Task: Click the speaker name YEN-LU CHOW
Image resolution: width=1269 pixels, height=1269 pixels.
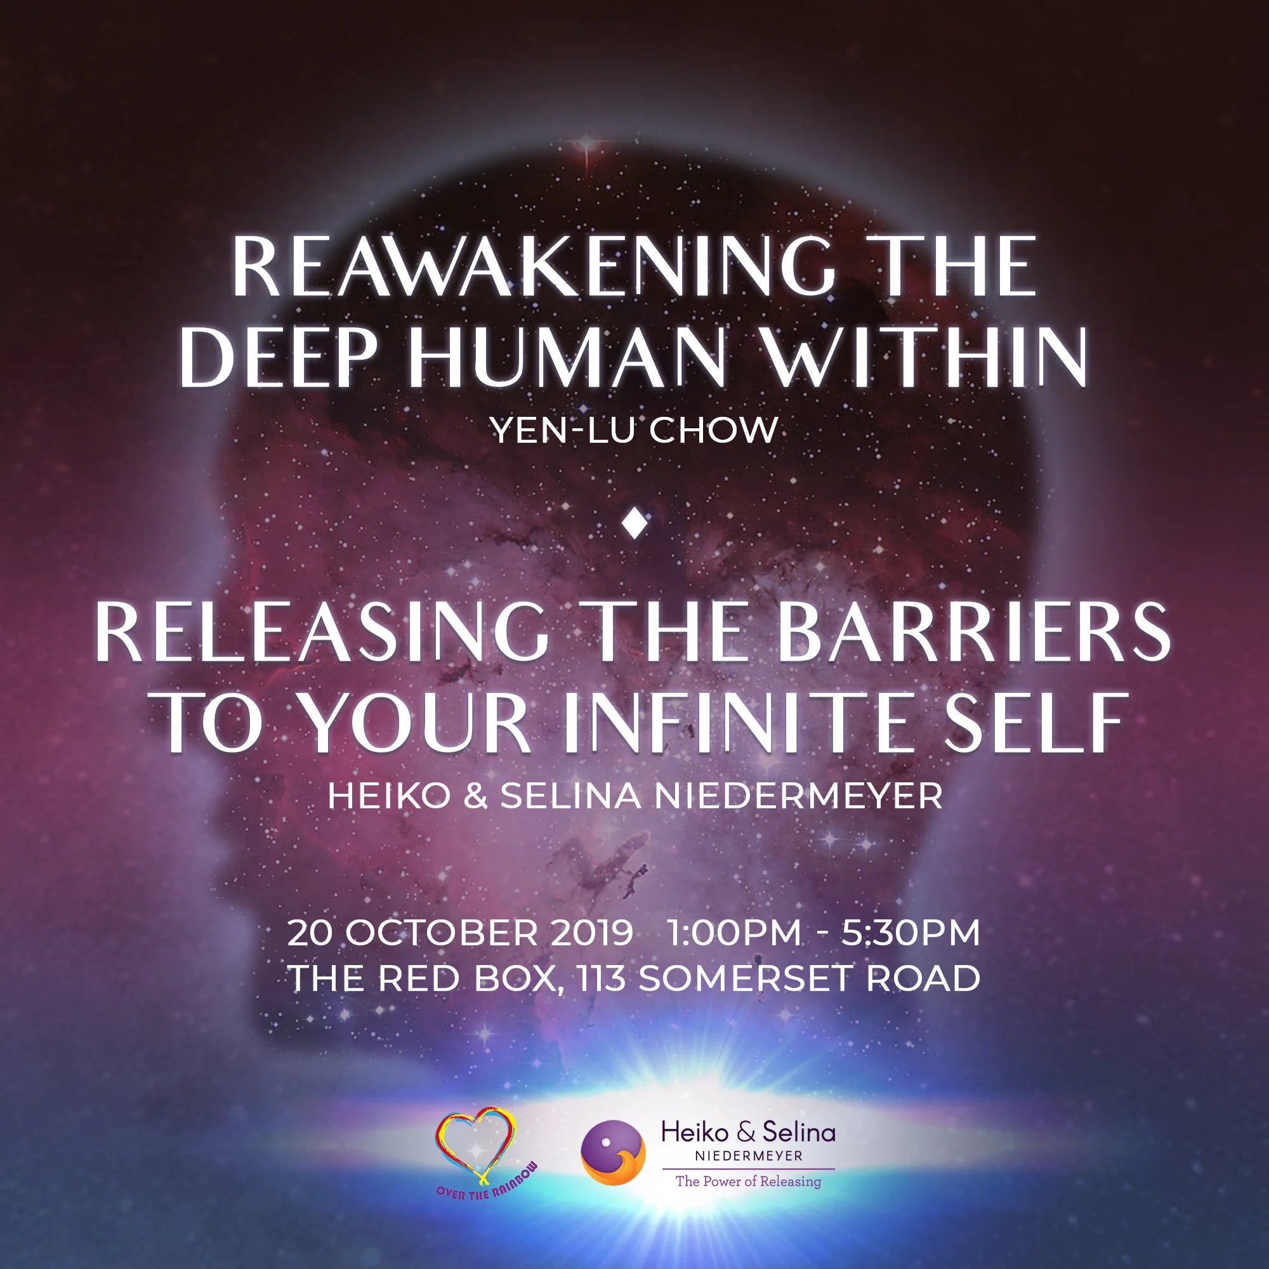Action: (634, 430)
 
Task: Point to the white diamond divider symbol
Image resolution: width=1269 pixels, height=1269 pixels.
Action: (635, 523)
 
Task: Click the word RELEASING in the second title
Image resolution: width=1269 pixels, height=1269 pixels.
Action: (322, 632)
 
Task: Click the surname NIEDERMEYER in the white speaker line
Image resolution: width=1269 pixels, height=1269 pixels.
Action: (798, 796)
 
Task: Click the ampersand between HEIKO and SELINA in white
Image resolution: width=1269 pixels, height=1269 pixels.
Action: (475, 796)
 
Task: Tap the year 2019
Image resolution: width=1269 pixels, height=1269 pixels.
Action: (591, 933)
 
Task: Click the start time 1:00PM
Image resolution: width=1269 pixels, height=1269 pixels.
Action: (734, 933)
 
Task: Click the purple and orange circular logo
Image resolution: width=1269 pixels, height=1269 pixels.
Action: (613, 1153)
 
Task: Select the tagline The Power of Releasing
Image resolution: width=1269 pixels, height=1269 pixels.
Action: (748, 1181)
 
